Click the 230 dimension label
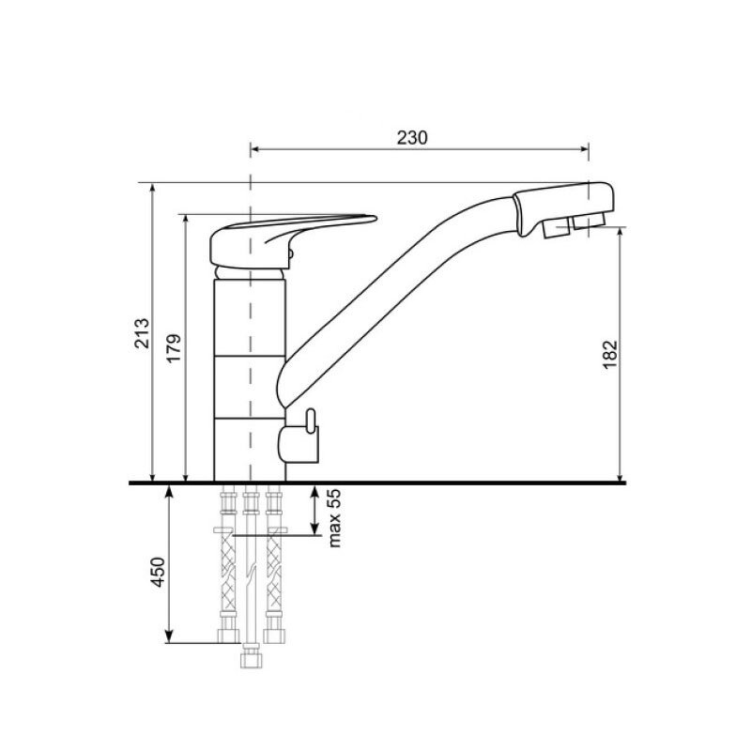point(412,138)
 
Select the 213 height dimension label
point(142,333)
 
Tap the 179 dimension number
point(175,348)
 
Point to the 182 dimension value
point(609,355)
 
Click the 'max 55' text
point(334,518)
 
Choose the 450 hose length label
point(158,572)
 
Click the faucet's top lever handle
point(293,241)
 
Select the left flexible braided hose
point(227,574)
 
